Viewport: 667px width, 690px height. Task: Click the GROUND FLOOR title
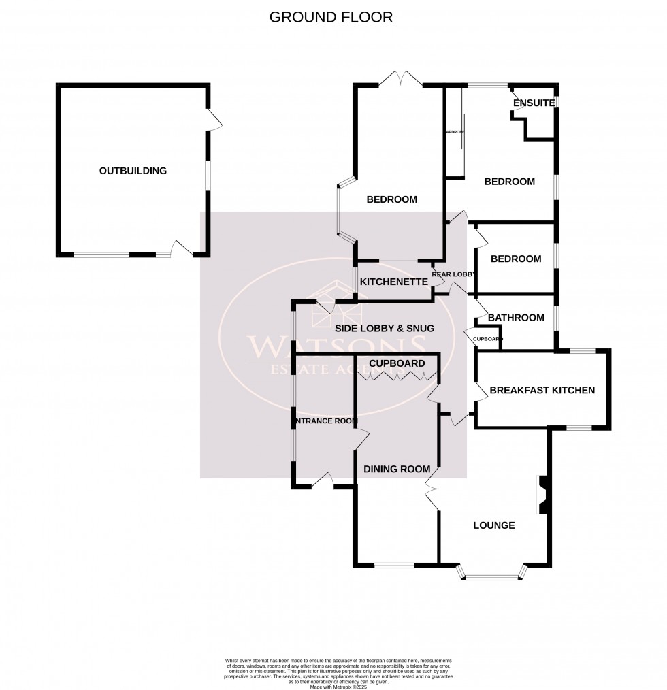[x=331, y=17]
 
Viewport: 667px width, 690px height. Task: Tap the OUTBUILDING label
[x=133, y=171]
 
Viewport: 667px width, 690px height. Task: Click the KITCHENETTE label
[x=393, y=282]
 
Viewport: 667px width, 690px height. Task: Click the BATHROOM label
[x=516, y=317]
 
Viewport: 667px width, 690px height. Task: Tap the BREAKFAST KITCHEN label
[x=542, y=390]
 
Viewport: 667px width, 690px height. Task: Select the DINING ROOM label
[x=397, y=469]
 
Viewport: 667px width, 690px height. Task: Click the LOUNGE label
[x=493, y=525]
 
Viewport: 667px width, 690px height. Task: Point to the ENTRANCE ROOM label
[x=325, y=421]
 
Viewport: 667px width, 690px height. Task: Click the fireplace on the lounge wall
[x=542, y=494]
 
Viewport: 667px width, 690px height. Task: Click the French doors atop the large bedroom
[x=400, y=79]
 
